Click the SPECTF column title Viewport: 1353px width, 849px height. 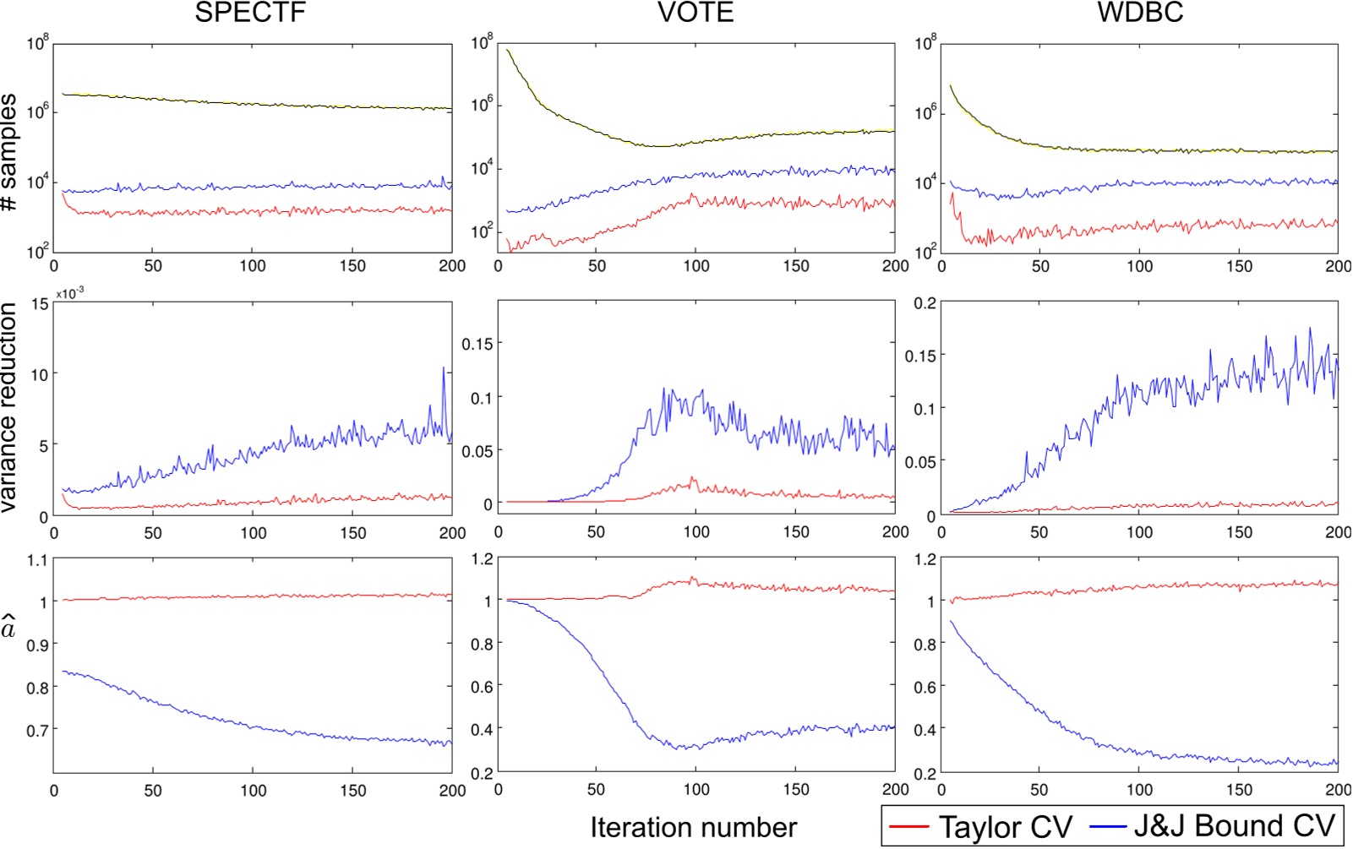(250, 13)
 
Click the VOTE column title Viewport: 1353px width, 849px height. (696, 13)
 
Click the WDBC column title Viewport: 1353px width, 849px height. (1140, 13)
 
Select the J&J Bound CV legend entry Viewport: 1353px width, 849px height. (1214, 825)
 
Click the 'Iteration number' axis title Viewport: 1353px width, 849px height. (693, 827)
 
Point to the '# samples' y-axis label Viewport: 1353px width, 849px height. (10, 152)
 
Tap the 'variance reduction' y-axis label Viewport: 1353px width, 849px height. (10, 408)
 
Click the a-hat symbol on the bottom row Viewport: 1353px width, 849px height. (9, 629)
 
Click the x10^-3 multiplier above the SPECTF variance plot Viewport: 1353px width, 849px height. (70, 292)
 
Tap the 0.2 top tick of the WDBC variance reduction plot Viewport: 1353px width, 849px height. (925, 304)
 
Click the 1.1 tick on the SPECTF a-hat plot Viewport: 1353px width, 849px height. (37, 559)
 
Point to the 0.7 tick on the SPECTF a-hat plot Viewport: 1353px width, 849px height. (37, 730)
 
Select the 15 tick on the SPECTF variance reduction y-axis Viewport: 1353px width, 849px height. (39, 304)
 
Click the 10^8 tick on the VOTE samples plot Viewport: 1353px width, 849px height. (482, 42)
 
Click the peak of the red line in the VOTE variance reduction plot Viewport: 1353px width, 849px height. (694, 478)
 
